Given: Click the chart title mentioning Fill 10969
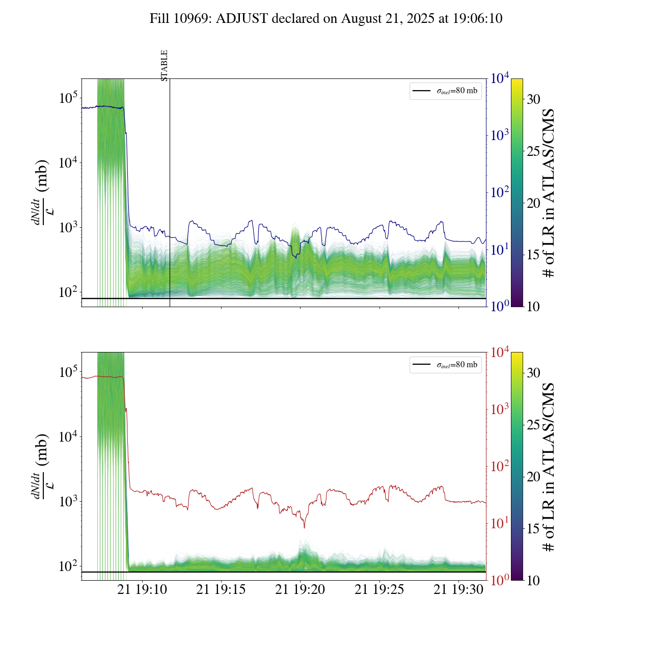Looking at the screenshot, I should coord(326,19).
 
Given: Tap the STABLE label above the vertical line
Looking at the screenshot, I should coord(164,65).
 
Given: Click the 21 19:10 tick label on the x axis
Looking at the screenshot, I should coord(142,590).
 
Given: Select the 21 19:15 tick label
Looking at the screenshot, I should coord(221,590).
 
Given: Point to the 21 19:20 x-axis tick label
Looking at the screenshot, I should coord(300,590).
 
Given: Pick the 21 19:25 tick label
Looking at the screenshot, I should coord(379,590).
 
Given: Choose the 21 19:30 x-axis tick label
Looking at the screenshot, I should coord(458,590).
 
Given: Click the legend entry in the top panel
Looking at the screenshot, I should coord(446,91).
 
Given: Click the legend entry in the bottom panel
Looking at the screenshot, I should coord(446,365).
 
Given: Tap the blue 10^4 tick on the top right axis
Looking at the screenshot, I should coord(499,78).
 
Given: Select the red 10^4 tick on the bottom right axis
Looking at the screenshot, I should coord(499,352).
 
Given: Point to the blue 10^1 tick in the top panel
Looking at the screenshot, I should coord(499,250).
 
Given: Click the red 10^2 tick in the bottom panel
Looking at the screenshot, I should coord(499,466).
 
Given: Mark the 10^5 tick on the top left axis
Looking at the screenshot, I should coord(68,98).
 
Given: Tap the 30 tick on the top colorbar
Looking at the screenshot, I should coord(533,99).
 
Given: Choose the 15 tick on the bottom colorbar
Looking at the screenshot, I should coord(533,529).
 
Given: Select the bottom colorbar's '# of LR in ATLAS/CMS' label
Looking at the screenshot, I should coord(549,467).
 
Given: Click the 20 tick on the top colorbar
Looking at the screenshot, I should coord(533,203).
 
